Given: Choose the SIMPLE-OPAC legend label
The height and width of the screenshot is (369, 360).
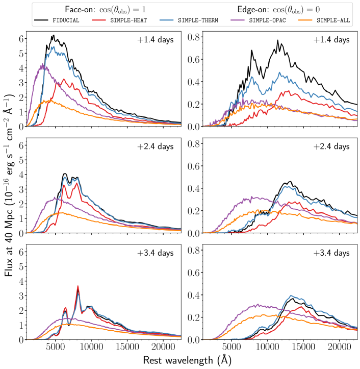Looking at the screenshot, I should click(268, 20).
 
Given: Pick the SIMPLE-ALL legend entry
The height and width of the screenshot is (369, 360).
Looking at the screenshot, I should click(333, 20).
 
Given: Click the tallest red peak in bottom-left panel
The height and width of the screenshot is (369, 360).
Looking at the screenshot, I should click(78, 286).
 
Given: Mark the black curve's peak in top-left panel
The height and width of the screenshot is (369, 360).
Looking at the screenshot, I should click(53, 35).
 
